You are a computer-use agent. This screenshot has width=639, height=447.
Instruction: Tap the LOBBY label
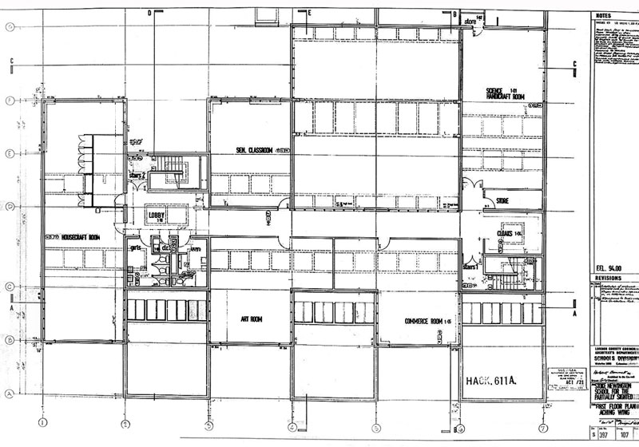157,215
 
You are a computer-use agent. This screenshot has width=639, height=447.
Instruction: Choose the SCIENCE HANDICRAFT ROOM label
504,93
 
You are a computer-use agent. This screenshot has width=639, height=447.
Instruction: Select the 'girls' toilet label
136,248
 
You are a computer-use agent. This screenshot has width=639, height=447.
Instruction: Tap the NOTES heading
604,17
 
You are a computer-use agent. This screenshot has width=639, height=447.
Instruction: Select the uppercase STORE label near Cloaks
502,200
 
